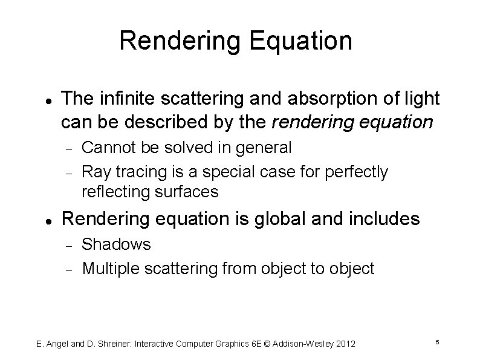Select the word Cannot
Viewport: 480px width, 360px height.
105,146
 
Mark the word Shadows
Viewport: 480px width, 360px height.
116,244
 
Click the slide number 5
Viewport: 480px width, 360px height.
436,343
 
